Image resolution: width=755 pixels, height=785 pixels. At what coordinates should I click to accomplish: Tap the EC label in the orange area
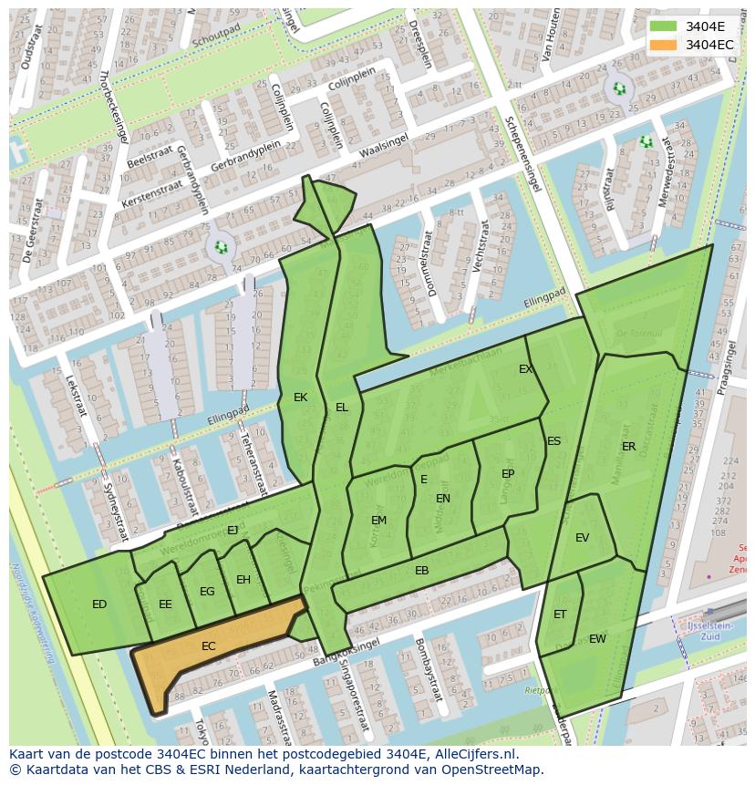coord(209,646)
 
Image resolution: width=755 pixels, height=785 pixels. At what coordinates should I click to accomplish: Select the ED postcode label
coord(99,604)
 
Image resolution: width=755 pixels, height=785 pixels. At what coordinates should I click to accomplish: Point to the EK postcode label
coord(300,398)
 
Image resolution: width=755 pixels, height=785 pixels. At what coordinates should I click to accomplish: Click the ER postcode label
coord(628,447)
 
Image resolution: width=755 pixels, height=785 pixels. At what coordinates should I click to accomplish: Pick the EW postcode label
coord(597,639)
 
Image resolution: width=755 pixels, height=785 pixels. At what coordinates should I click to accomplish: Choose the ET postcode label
coord(560,615)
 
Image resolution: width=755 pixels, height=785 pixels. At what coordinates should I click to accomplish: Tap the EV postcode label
coord(582,538)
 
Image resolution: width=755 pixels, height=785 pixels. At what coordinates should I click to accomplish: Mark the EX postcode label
coord(525,369)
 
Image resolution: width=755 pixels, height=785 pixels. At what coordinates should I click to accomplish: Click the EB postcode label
coord(421,572)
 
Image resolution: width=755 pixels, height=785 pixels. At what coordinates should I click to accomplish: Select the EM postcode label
coord(378,521)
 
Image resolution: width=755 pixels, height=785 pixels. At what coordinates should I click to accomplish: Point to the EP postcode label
coord(508,474)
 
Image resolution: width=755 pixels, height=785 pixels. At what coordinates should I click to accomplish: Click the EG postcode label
coord(207,592)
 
